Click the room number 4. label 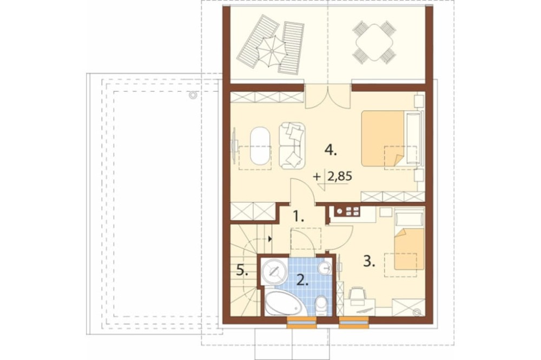[331, 150]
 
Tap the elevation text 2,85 [340, 177]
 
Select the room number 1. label [299, 217]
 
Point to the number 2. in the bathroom [302, 281]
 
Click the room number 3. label [369, 261]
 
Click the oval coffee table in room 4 [260, 146]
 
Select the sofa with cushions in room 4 [292, 145]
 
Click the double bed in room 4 [392, 138]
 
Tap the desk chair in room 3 [357, 295]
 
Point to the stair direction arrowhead [270, 238]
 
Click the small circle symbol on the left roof [193, 95]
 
